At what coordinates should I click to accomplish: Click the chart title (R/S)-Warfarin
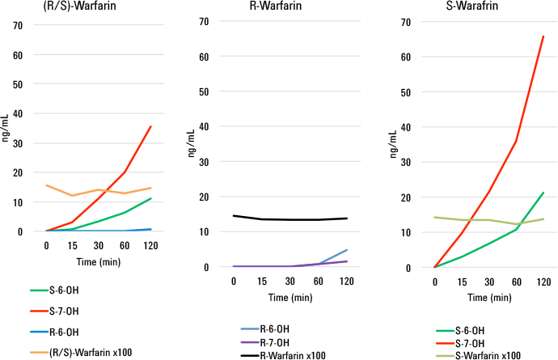coord(45,8)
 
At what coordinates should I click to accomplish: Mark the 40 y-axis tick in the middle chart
coord(215,126)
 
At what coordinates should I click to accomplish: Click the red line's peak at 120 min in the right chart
coord(543,36)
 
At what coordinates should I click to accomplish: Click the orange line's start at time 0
coord(47,185)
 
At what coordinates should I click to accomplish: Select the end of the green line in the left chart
coord(150,198)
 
